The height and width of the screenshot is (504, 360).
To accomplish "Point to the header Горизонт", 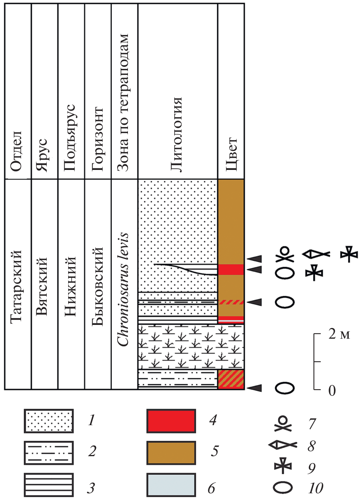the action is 97,139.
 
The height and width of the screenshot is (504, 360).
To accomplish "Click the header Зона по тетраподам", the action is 123,103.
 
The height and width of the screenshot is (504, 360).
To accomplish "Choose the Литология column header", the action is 176,135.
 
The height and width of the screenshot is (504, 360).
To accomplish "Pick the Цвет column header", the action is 232,154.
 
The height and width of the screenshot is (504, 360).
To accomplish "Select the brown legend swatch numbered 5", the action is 171,453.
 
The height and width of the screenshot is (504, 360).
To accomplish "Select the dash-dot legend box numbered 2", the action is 49,453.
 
